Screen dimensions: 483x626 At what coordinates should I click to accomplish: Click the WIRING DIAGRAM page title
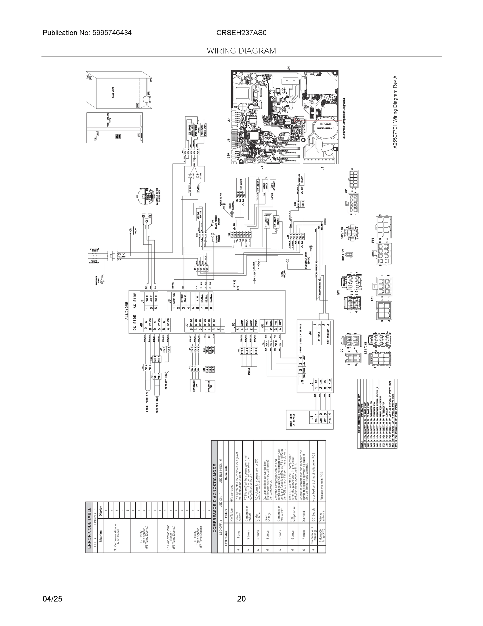(x=241, y=51)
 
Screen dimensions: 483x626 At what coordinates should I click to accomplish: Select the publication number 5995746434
(x=112, y=33)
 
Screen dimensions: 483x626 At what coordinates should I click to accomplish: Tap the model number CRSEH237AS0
(x=241, y=33)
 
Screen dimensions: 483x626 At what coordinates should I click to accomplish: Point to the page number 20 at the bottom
(x=241, y=599)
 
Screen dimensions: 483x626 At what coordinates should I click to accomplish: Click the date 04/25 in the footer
(x=52, y=599)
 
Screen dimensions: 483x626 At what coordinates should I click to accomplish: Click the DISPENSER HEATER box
(x=300, y=179)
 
